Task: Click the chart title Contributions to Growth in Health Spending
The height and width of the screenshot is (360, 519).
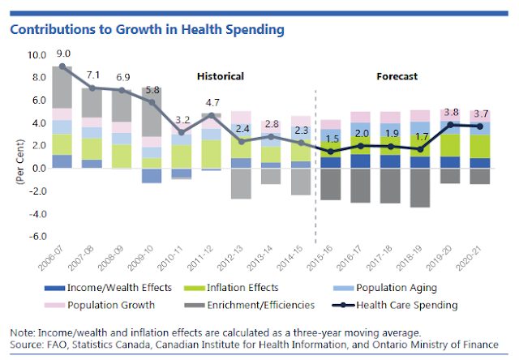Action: (x=147, y=30)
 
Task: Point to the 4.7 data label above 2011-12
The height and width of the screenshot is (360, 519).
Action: (x=211, y=103)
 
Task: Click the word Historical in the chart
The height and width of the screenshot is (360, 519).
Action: (x=221, y=76)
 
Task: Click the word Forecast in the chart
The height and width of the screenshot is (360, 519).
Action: (x=397, y=76)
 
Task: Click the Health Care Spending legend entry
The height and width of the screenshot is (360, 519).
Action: (x=410, y=306)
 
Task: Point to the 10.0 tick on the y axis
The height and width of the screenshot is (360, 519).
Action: (x=37, y=55)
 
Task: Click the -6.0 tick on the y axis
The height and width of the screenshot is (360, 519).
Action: (x=37, y=237)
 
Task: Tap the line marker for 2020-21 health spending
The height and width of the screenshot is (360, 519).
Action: (x=479, y=126)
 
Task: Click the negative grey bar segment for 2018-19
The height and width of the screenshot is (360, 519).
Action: (x=420, y=188)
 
